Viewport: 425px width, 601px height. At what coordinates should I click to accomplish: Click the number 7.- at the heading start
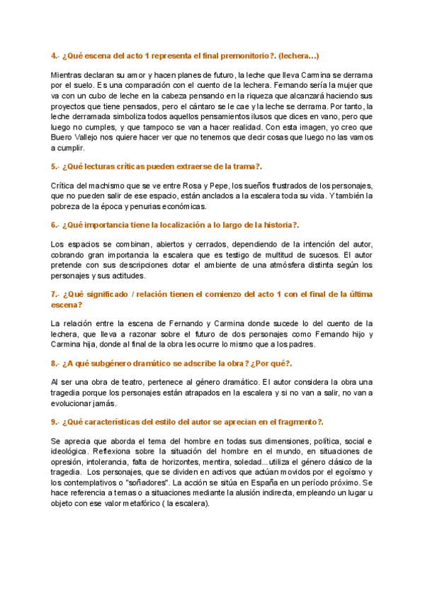(56, 293)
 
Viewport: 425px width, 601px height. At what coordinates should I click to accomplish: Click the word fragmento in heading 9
(291, 422)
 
